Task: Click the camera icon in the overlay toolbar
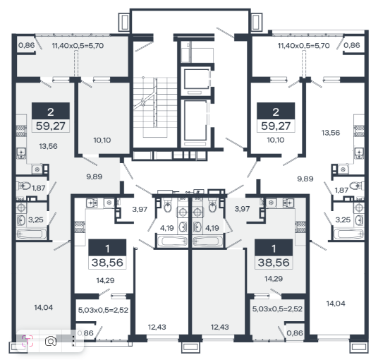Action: coord(51,342)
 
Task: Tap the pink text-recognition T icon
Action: coord(28,341)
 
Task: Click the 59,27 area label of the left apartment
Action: coord(51,126)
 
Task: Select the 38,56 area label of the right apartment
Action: coord(274,263)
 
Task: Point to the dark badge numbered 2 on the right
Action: coord(276,111)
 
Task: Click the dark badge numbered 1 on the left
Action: coord(107,248)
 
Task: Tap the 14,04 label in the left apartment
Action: coord(44,307)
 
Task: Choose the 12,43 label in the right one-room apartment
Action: coord(220,327)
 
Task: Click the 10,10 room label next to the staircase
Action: coord(102,140)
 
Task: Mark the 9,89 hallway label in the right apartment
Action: coord(305,179)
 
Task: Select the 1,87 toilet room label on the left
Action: coord(39,188)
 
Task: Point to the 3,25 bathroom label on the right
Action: coord(343,220)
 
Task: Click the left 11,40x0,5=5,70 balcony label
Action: coord(78,46)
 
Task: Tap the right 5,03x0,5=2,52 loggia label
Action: coord(277,309)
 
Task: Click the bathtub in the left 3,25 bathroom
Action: coord(32,234)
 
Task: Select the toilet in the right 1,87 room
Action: coord(357,186)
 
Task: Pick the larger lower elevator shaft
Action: coord(195,120)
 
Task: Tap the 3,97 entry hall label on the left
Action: coord(140,209)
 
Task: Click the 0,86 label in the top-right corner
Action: coord(352,45)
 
